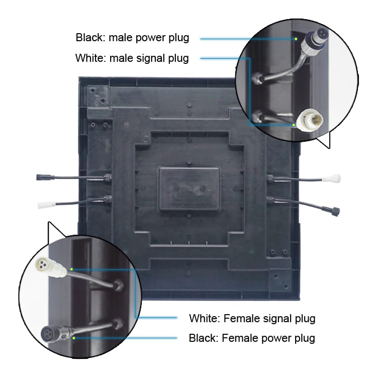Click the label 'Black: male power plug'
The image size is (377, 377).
tap(132, 38)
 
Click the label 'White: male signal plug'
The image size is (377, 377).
tap(132, 58)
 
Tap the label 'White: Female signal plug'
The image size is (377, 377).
tap(252, 318)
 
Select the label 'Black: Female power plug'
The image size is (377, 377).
tap(252, 338)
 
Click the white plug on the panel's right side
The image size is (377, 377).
tap(331, 178)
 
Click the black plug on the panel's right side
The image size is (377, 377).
tap(334, 211)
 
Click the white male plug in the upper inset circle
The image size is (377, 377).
tap(310, 120)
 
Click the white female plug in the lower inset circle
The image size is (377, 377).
tap(50, 266)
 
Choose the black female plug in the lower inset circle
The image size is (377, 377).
tap(56, 334)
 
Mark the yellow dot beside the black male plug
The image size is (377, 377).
tap(296, 39)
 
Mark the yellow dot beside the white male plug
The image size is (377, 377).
tap(294, 125)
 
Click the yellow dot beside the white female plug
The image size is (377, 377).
tap(71, 269)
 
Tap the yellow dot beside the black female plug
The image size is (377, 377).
tap(74, 338)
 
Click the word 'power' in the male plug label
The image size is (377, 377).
tap(150, 38)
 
